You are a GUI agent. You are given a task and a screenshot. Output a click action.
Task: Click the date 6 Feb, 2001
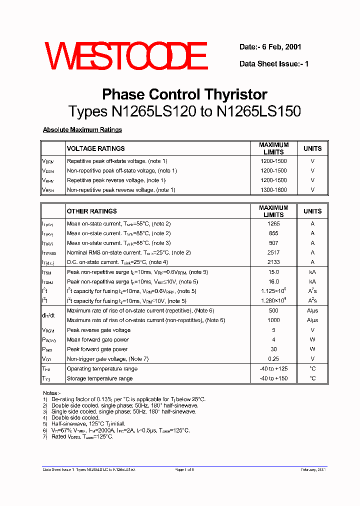(270, 47)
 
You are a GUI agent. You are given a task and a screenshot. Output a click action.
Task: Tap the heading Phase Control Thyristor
(184, 94)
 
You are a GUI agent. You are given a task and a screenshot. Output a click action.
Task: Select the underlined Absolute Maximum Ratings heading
(82, 130)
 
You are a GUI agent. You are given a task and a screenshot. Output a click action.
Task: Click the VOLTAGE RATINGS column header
(95, 148)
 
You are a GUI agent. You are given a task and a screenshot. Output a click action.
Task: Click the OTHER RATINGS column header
(91, 211)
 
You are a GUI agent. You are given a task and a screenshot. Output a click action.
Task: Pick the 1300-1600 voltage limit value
(273, 190)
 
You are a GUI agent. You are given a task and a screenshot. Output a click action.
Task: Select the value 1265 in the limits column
(273, 223)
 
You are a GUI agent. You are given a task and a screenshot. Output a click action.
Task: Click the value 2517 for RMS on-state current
(273, 252)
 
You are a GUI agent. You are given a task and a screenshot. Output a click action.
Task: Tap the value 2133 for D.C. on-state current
(273, 262)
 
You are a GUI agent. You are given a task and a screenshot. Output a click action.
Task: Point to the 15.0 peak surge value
(273, 272)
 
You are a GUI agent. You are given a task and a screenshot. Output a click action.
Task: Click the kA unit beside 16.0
(312, 281)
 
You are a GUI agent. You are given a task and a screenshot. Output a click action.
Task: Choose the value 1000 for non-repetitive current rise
(273, 320)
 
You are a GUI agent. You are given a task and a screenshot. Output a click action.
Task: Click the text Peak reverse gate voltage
(98, 330)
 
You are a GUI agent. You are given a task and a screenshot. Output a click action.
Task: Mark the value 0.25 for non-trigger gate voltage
(273, 359)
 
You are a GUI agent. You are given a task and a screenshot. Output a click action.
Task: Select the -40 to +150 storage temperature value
(273, 378)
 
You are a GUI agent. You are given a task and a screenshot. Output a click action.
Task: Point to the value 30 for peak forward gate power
(273, 349)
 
